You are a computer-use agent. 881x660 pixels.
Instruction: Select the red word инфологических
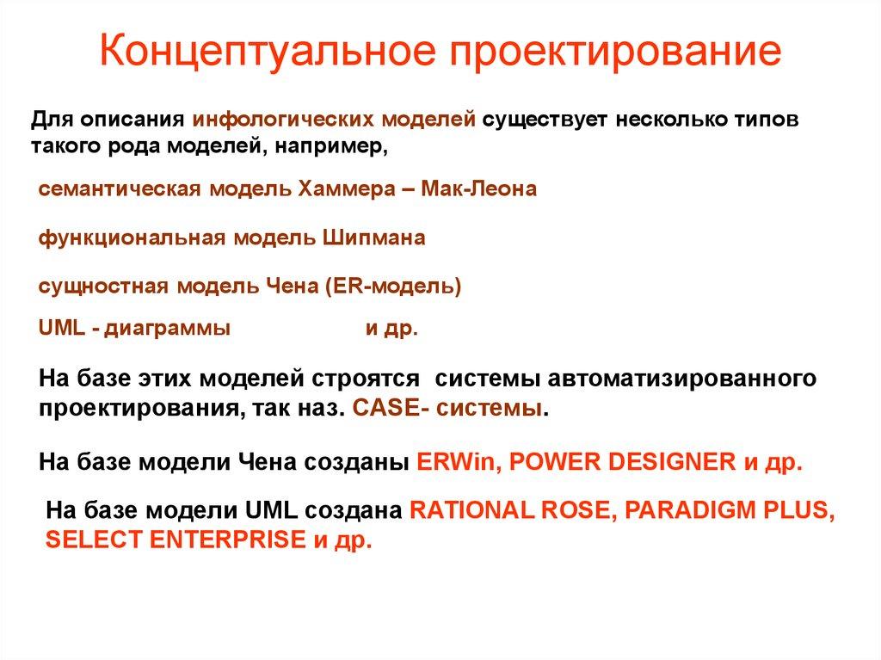click(263, 119)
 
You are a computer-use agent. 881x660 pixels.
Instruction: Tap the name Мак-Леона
click(479, 189)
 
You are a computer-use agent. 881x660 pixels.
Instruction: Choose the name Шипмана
click(374, 238)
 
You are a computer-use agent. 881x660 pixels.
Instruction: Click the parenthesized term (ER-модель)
click(393, 287)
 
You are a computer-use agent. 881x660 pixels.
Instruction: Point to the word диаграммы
click(169, 329)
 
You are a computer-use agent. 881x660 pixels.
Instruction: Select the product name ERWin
click(459, 461)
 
